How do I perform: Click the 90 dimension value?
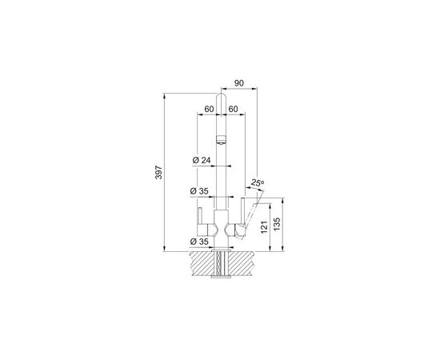[x=239, y=83]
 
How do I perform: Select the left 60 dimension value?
[x=209, y=109]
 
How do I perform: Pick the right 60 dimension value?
[x=233, y=109]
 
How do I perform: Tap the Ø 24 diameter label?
[x=202, y=160]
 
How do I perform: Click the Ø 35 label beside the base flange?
[x=199, y=242]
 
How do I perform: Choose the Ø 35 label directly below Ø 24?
[x=199, y=191]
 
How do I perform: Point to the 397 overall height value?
[x=159, y=172]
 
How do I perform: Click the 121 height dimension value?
[x=264, y=227]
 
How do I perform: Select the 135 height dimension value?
[x=277, y=225]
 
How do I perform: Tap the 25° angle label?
[x=258, y=182]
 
